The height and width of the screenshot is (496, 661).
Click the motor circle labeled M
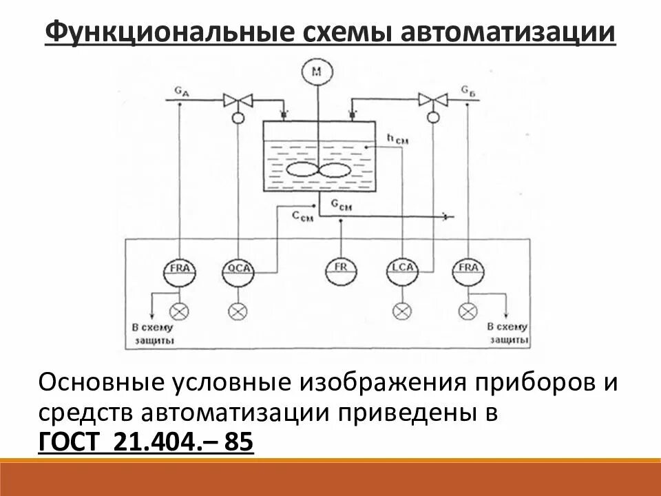pos(316,71)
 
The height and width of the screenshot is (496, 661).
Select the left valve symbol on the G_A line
pos(238,101)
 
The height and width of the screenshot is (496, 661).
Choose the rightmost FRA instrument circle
pos(469,269)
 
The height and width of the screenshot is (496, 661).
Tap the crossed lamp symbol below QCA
pos(238,311)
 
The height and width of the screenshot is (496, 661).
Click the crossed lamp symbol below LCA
pos(400,311)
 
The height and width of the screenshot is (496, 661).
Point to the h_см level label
pos(397,138)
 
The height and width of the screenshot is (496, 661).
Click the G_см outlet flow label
pos(342,204)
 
